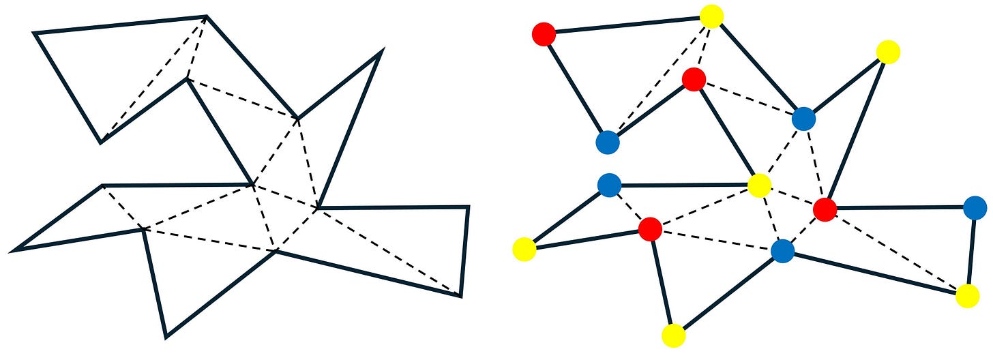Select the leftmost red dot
544,33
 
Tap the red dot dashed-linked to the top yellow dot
694,80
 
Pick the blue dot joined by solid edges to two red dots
607,142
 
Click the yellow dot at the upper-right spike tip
887,51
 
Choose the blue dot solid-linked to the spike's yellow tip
804,119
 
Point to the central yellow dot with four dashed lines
759,185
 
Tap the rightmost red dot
825,209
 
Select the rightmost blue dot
975,207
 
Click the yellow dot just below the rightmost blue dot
967,296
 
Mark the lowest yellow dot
673,335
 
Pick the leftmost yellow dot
524,249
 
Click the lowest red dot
650,229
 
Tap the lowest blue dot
783,251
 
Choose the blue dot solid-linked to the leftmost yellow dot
608,184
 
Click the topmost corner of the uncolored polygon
206,16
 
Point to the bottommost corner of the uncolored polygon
166,336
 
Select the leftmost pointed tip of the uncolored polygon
13,250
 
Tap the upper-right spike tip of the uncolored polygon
382,50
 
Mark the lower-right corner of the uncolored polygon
460,296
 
